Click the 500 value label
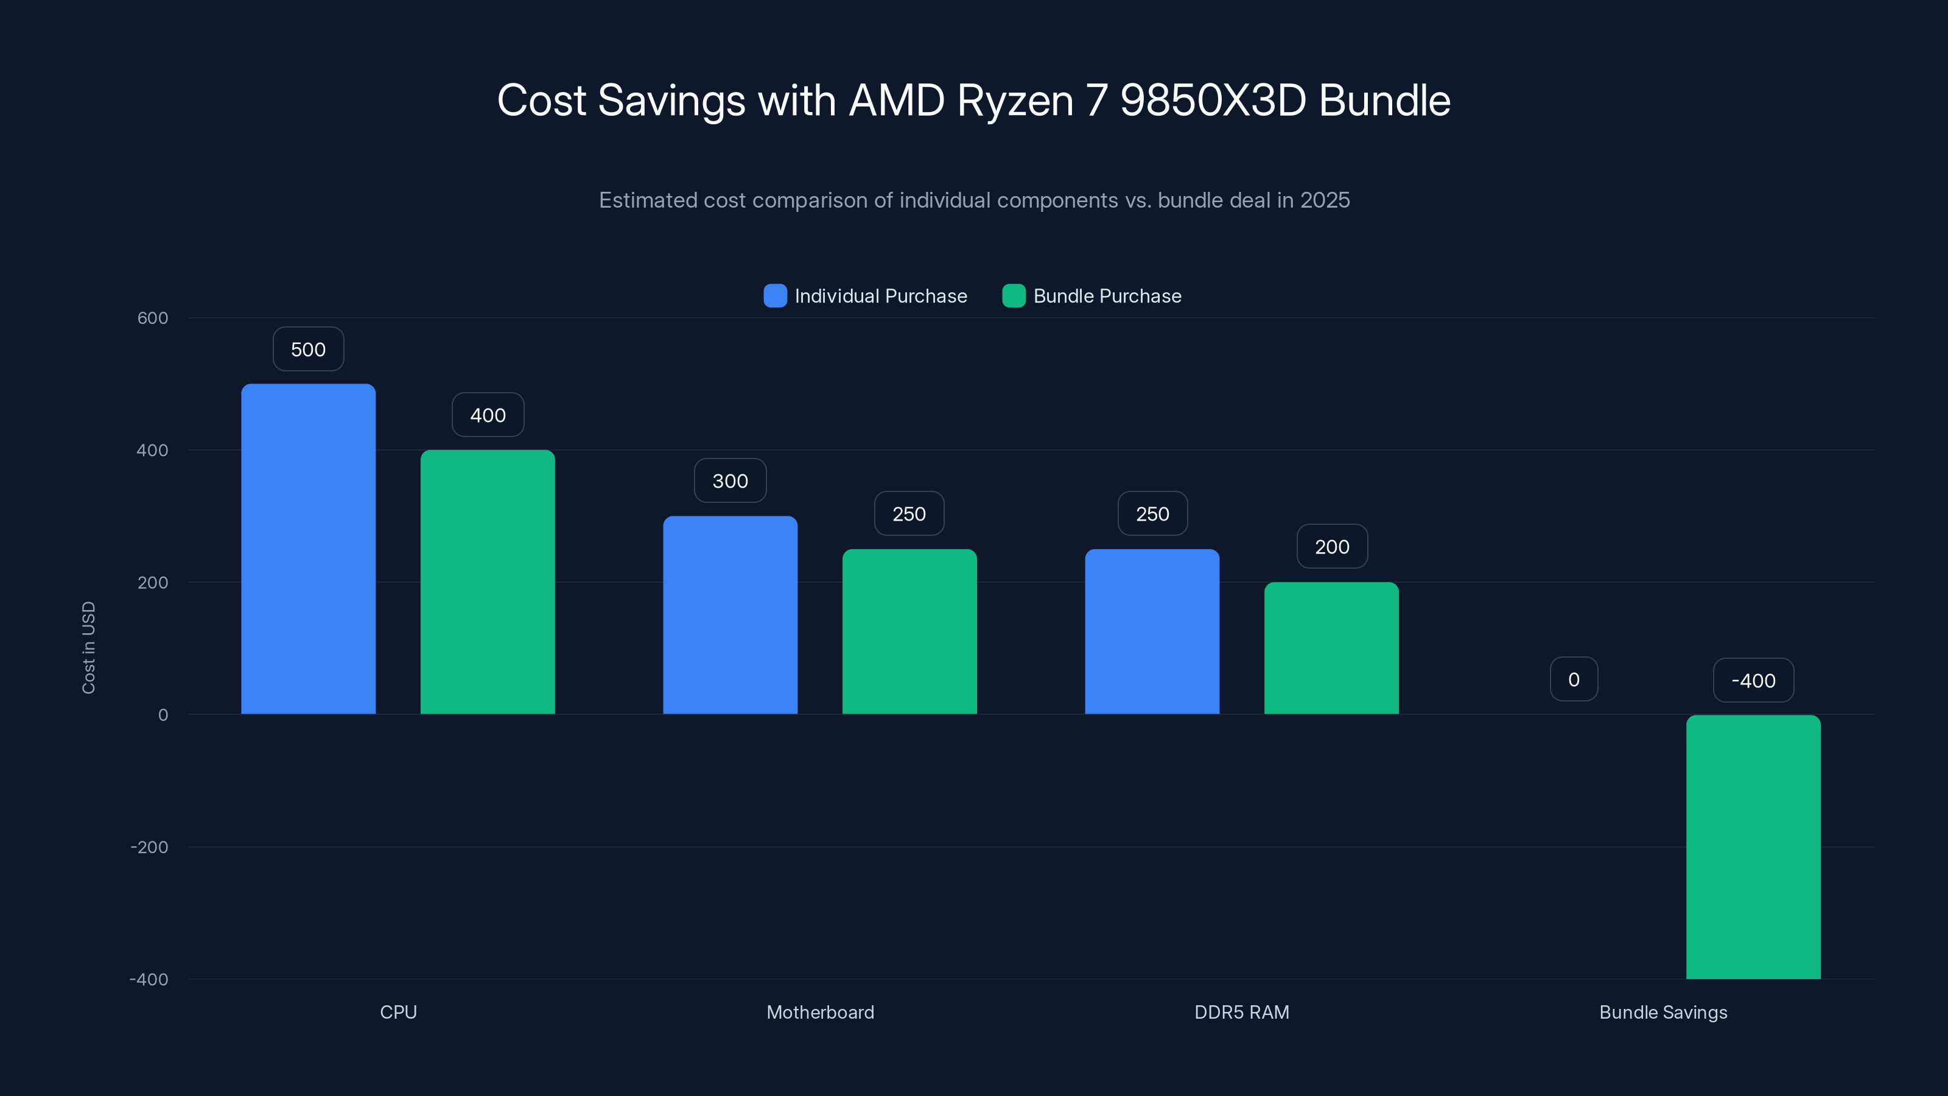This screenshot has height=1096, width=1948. click(x=308, y=350)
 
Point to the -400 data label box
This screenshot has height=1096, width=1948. click(x=1753, y=681)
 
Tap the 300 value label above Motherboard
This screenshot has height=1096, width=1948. click(x=730, y=481)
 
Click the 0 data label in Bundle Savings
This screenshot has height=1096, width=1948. click(x=1574, y=680)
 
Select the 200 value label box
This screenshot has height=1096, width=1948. click(x=1332, y=547)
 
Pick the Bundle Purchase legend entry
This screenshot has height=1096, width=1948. click(x=1092, y=296)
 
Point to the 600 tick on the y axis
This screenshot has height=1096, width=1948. click(x=153, y=318)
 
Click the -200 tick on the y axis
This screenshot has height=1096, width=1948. click(x=150, y=847)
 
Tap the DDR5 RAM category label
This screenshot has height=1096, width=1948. click(x=1242, y=1012)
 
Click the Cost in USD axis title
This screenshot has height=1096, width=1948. click(x=88, y=647)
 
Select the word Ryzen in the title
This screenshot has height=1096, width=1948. click(x=1015, y=100)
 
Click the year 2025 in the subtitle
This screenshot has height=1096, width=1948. click(x=1325, y=200)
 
